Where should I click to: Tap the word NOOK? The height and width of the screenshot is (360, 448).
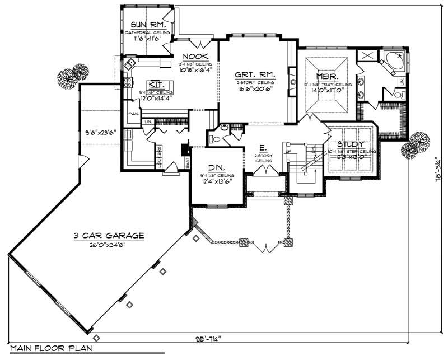coord(195,57)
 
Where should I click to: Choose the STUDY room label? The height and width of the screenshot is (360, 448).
coord(351,144)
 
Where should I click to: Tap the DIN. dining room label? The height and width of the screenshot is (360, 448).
coord(217,167)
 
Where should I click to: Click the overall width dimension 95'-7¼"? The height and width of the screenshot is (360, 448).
coord(204,338)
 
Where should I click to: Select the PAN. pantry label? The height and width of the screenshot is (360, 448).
coord(133,113)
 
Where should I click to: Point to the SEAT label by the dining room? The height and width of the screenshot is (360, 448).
coord(187,162)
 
